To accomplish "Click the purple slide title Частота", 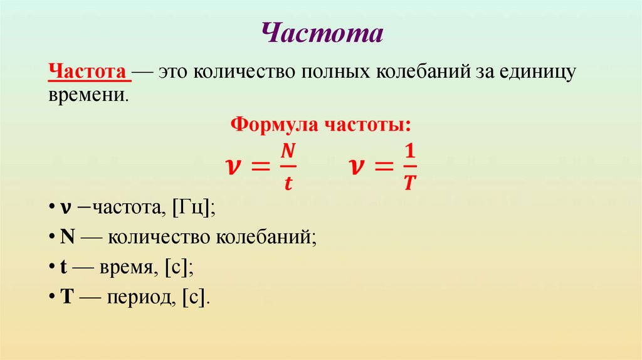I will click(x=321, y=33).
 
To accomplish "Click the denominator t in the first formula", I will click(x=287, y=183).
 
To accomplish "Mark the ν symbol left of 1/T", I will click(x=356, y=167).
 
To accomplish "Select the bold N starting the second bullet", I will click(x=67, y=238).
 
